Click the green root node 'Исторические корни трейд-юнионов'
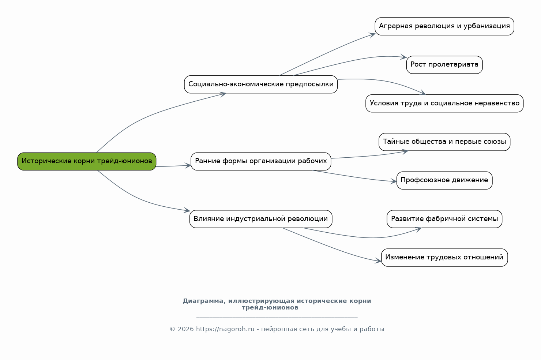pos(87,161)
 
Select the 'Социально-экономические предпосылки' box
pos(261,84)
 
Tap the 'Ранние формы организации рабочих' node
pos(261,161)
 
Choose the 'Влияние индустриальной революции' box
pos(261,219)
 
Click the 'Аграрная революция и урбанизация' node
pos(444,26)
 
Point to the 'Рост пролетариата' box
pos(444,65)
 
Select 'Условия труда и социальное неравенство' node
pos(444,104)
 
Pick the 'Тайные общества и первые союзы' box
pos(444,142)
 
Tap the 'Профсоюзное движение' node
pos(444,180)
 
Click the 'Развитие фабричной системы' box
pos(444,219)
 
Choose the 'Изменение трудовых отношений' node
pos(444,258)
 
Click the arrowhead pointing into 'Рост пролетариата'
pos(403,57)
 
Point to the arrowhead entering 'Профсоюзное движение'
pos(394,181)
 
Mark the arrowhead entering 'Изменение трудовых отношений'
pos(378,261)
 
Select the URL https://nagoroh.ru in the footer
pos(225,329)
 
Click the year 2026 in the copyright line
pos(185,329)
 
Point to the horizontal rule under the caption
pos(277,318)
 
